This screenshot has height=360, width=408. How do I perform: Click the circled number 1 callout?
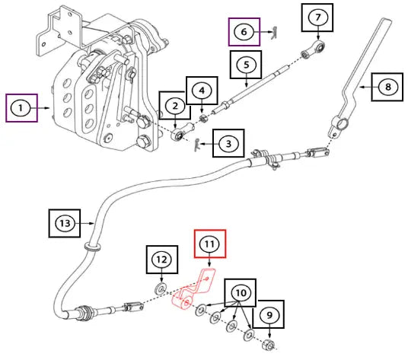click(21, 108)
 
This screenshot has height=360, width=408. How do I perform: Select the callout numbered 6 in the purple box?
click(244, 32)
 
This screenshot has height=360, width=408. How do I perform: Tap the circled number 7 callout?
click(318, 18)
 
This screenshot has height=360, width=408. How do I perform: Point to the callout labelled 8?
click(387, 87)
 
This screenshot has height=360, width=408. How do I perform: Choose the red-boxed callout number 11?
click(210, 244)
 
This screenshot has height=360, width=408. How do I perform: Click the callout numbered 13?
click(65, 223)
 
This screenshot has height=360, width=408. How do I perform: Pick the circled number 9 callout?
click(269, 315)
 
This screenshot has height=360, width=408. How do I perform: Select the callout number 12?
click(162, 260)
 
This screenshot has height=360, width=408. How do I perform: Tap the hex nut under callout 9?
click(268, 346)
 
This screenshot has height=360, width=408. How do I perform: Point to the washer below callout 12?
click(161, 288)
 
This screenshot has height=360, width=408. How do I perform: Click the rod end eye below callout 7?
click(313, 49)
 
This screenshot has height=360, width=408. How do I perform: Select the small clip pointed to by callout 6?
click(274, 33)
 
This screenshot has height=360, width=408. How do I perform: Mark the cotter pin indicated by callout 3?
click(197, 145)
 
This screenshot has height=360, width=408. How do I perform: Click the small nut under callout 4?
click(203, 118)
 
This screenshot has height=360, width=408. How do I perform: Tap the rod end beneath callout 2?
click(182, 132)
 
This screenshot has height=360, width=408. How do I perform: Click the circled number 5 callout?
click(246, 65)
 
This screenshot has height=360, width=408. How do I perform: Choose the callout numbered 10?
click(241, 293)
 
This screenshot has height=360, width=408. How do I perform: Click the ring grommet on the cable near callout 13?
click(92, 247)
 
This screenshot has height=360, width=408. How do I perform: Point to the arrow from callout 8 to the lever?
click(366, 87)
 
